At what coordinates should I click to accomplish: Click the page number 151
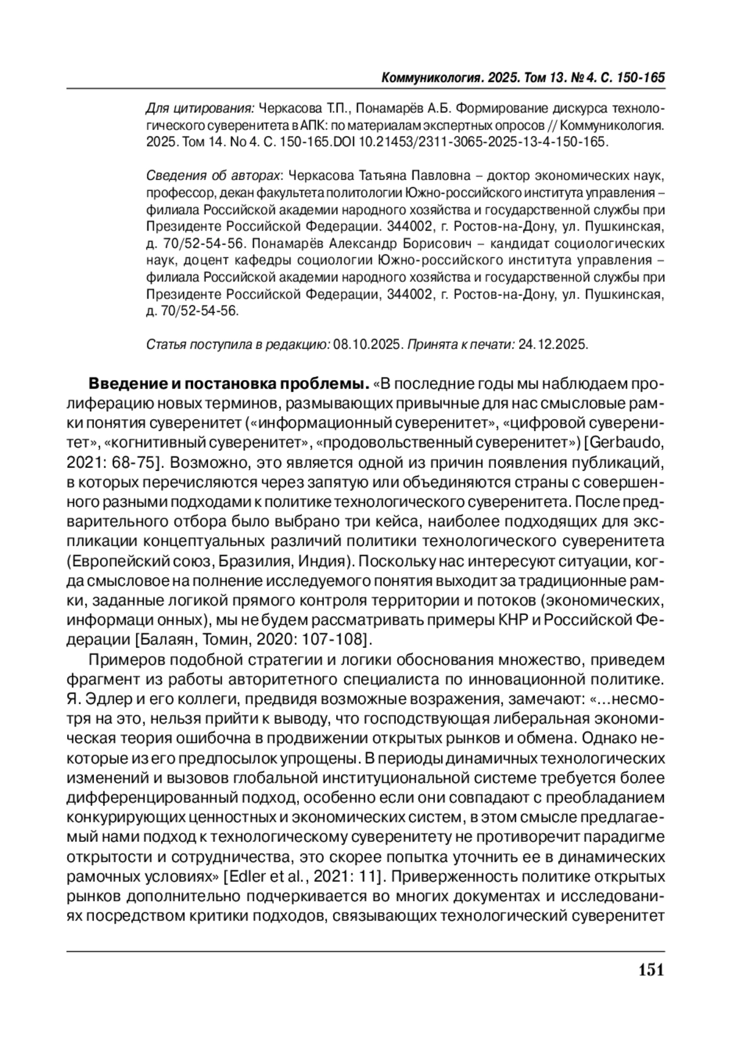click(651, 970)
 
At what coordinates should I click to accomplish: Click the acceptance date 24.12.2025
click(553, 345)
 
